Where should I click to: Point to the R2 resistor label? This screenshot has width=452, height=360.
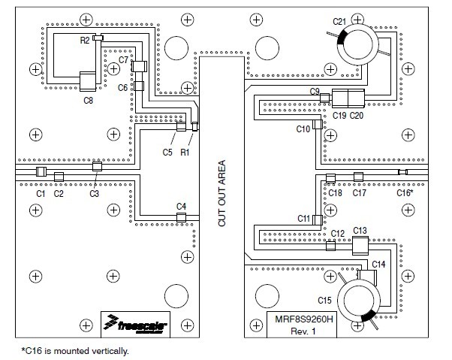pos(85,39)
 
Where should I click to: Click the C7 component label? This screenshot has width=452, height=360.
pos(124,59)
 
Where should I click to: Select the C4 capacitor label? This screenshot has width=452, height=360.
pos(181,206)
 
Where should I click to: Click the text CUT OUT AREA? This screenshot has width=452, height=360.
pos(221,194)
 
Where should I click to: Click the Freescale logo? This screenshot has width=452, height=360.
pos(136,325)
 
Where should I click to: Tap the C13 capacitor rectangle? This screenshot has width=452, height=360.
pos(360,246)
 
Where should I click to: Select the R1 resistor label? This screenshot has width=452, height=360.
pos(185,153)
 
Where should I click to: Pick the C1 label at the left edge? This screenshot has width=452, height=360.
pos(41,194)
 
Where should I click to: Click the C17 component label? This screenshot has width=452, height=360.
pos(360,193)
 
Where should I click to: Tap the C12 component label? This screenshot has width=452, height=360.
pos(338,234)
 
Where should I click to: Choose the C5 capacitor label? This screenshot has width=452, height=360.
pos(167,153)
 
